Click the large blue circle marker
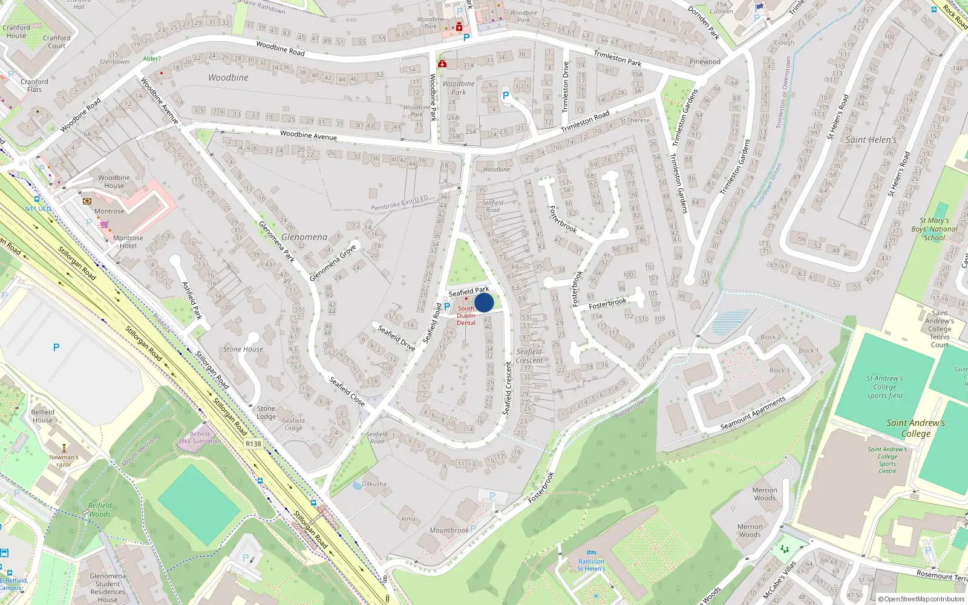click(x=484, y=302)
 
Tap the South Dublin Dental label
click(x=466, y=316)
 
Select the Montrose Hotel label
click(x=128, y=242)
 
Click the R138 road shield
click(x=253, y=444)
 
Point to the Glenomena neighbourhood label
click(x=304, y=237)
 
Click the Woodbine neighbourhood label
click(x=228, y=77)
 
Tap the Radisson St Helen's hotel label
click(x=590, y=565)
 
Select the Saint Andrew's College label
click(x=915, y=428)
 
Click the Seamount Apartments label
click(x=753, y=414)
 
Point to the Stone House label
click(x=243, y=349)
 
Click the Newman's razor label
click(x=64, y=461)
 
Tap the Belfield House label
click(x=42, y=416)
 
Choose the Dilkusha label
click(x=374, y=484)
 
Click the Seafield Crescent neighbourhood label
click(x=529, y=356)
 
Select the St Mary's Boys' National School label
click(x=934, y=229)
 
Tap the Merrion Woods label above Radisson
click(x=765, y=494)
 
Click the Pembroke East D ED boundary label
click(x=399, y=203)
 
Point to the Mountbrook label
click(x=449, y=531)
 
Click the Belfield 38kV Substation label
click(x=199, y=437)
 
